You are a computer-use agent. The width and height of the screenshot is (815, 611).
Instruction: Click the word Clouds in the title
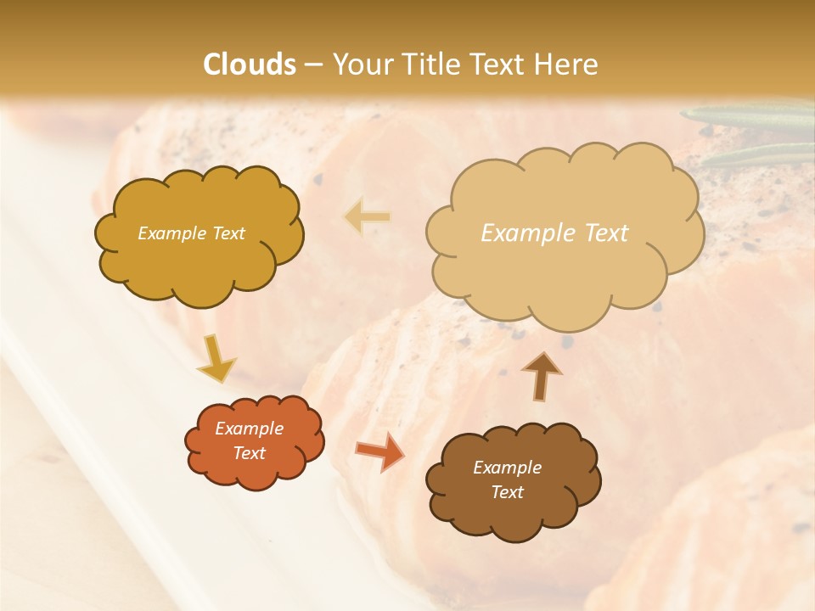(x=250, y=64)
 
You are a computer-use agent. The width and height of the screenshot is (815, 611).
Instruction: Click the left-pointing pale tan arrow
(x=368, y=216)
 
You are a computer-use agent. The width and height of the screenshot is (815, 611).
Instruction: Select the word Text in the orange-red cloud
(x=250, y=453)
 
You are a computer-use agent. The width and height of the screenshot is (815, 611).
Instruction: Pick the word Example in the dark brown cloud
(x=507, y=468)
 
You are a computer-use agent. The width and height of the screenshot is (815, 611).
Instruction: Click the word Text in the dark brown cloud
(x=507, y=492)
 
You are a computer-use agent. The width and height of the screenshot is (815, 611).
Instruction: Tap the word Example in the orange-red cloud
(x=250, y=429)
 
